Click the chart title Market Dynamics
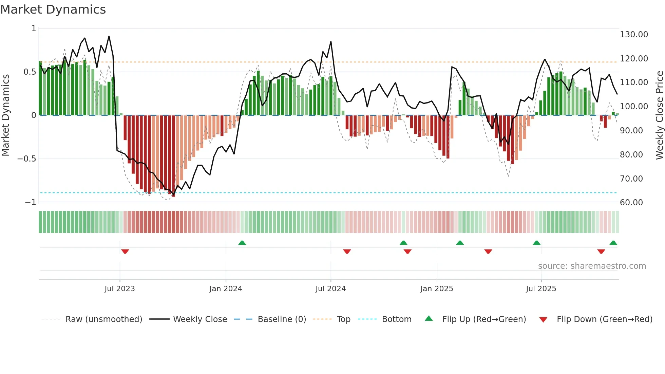53,10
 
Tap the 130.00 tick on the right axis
633,35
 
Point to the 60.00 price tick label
631,203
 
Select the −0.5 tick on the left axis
26,159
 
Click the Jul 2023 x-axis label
119,289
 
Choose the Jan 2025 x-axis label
436,289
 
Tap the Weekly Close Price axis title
659,115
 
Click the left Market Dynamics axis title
5,115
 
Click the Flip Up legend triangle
429,319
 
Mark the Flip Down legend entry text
604,319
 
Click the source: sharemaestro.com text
592,266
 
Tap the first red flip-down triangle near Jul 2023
125,251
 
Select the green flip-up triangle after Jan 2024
242,243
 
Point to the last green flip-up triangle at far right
613,243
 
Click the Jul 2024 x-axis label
330,289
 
